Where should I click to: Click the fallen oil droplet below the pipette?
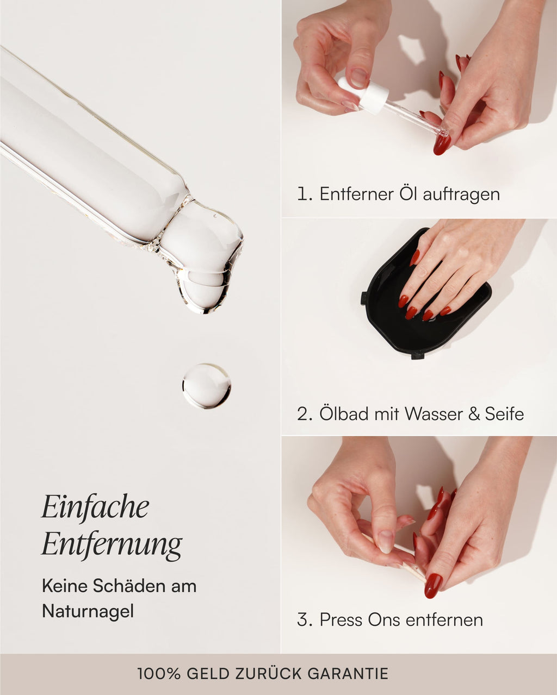(206, 386)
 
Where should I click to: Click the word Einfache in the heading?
(95, 507)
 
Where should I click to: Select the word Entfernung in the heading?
(112, 544)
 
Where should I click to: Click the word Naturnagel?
(88, 611)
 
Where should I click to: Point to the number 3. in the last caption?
(305, 619)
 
